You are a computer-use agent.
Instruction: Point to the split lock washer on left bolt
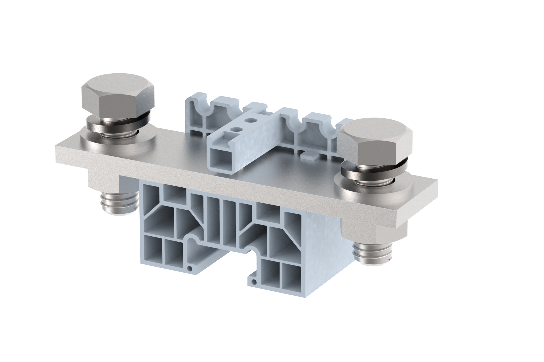pos(118,122)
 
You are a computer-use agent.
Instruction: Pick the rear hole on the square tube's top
pos(249,120)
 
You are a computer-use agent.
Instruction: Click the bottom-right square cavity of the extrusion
pos(291,275)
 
